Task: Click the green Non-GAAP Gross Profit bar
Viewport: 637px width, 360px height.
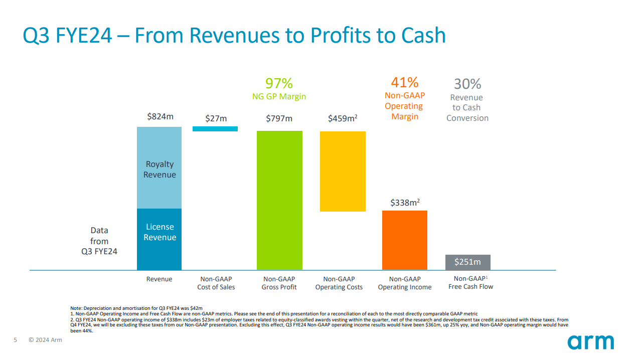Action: pos(279,201)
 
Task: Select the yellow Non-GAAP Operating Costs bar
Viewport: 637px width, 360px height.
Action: pos(343,171)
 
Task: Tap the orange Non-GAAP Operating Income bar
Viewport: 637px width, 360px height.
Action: pos(404,240)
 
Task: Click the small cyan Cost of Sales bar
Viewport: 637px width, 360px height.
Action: pos(215,129)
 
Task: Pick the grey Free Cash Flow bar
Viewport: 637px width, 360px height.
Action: pos(467,262)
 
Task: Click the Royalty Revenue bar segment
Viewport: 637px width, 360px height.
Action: pos(160,168)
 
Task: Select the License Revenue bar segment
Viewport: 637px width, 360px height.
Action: pos(160,239)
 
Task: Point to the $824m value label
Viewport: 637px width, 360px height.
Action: pos(160,116)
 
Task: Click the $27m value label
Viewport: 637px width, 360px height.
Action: pos(216,118)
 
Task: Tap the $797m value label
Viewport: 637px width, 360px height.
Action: pos(279,118)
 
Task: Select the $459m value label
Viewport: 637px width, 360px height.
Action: pos(342,118)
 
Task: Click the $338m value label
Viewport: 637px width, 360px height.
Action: pos(405,203)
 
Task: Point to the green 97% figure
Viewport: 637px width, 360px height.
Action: pos(279,83)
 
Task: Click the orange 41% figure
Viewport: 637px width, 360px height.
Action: pos(404,82)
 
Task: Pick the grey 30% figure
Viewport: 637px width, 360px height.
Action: pos(467,84)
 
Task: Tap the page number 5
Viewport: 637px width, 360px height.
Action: pos(15,340)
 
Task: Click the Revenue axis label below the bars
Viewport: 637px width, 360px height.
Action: pos(159,279)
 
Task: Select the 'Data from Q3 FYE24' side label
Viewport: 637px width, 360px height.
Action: pos(99,241)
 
